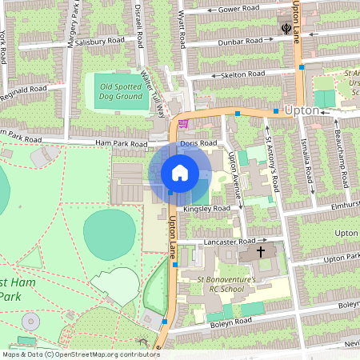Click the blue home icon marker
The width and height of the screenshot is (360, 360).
pos(180,173)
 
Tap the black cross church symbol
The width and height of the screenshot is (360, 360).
pos(260,251)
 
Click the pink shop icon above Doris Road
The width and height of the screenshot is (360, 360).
pos(183,123)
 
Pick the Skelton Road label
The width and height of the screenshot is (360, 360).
pos(243,74)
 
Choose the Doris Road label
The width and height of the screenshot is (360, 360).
pos(198,142)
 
